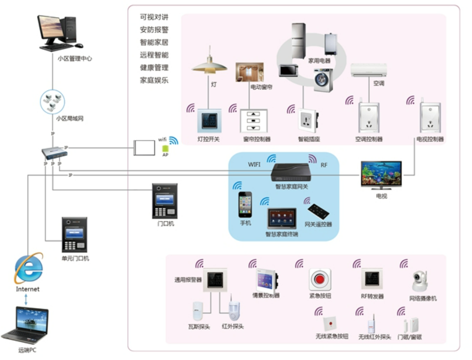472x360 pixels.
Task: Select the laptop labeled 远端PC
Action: [x=25, y=326]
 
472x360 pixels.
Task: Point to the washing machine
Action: [x=323, y=80]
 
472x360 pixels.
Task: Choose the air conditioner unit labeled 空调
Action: [x=369, y=70]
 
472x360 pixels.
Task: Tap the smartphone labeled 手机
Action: [x=245, y=204]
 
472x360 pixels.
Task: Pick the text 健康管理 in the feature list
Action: [x=154, y=67]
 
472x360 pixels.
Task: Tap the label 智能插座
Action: [x=309, y=139]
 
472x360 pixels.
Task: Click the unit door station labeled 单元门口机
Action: [x=75, y=235]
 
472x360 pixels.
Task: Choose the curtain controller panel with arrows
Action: [x=253, y=121]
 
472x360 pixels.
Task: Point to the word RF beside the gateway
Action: [x=324, y=165]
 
